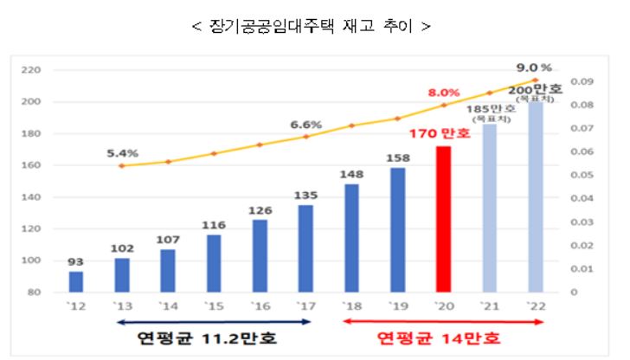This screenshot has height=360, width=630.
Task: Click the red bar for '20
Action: click(444, 219)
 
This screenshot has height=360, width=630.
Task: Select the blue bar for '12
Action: click(76, 282)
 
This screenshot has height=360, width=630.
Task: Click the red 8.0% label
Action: click(442, 91)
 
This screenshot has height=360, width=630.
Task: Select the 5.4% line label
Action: click(122, 152)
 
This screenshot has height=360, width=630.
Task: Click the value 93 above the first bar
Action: click(76, 261)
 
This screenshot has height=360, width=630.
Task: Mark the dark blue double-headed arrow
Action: click(212, 322)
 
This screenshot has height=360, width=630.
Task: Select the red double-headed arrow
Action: click(443, 322)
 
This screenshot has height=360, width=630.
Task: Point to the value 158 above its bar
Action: click(397, 157)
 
